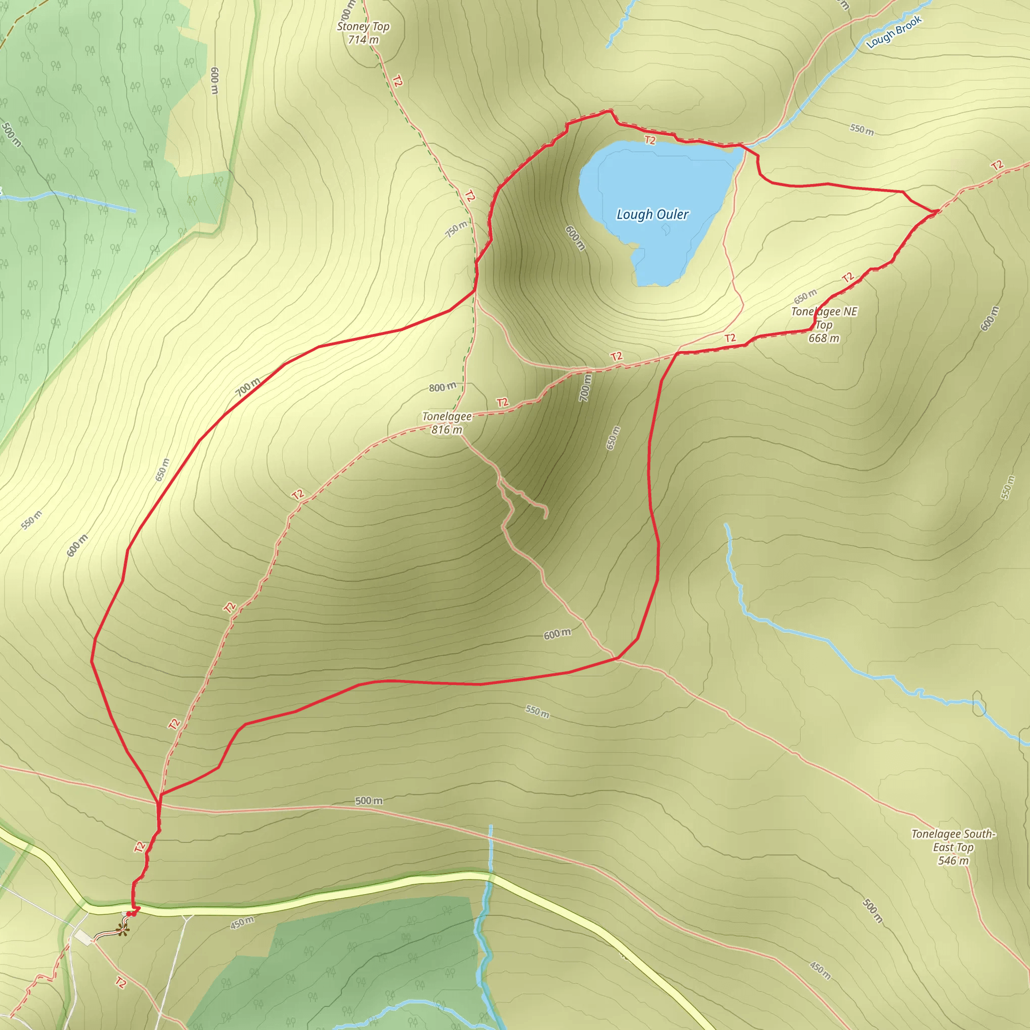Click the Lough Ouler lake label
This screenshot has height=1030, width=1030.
[x=652, y=214]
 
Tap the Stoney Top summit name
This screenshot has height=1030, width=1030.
[x=363, y=26]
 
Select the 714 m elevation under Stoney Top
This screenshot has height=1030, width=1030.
[x=363, y=39]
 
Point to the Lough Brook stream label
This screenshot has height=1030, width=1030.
[x=894, y=32]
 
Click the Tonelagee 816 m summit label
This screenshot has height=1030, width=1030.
[x=447, y=423]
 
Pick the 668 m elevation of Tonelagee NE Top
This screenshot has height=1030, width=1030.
[x=824, y=338]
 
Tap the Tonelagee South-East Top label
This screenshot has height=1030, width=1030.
[x=953, y=840]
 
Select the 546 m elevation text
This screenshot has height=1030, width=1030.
[x=953, y=861]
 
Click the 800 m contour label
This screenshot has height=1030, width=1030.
[x=443, y=387]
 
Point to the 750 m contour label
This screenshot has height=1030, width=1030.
[x=456, y=229]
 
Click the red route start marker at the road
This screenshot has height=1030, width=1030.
[x=131, y=914]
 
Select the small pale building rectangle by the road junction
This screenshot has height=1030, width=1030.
[x=83, y=937]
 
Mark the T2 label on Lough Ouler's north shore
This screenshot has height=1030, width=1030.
[x=650, y=140]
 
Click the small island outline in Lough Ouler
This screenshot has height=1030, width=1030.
[x=666, y=229]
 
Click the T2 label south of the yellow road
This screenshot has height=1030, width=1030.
[x=121, y=983]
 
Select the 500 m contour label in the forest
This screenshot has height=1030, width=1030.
[x=11, y=135]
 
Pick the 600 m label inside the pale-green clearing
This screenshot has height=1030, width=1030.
[x=214, y=80]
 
